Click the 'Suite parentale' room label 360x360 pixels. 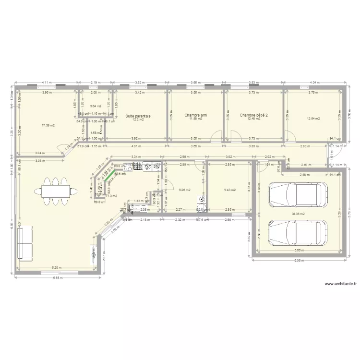tap(138, 116)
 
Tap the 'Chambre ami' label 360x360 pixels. tap(196, 115)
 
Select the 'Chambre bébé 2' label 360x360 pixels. tap(253, 115)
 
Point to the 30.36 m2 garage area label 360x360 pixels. tap(298, 214)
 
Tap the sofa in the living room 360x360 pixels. tap(25, 244)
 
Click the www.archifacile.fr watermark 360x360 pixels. tap(341, 284)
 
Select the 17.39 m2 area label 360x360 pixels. tap(48, 125)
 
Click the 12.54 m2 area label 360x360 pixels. tap(313, 119)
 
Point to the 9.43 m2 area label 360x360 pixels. tap(229, 190)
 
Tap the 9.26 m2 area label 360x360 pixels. tap(184, 190)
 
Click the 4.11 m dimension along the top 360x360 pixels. tap(47, 82)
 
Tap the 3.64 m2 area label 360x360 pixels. tap(96, 106)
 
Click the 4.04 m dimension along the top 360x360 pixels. tap(315, 82)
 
